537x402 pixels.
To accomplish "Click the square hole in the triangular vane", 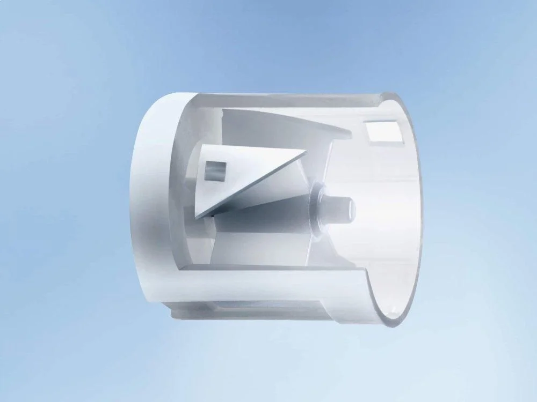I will tap(215, 172).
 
